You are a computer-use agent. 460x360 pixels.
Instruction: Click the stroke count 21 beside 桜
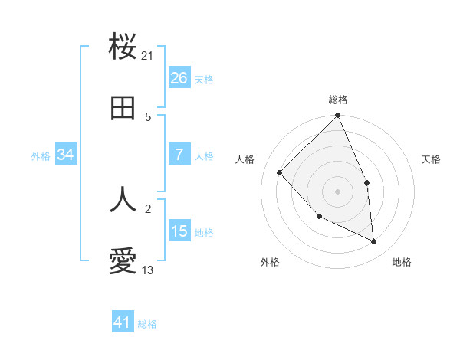point(148,55)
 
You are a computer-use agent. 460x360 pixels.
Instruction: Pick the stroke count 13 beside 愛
point(148,270)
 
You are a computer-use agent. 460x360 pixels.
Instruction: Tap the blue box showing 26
point(179,78)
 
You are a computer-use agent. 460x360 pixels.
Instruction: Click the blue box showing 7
point(179,155)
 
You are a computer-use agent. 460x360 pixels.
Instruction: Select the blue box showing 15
point(179,231)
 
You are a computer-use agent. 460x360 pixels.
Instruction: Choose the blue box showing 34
point(66,155)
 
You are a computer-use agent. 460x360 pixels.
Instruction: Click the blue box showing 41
point(123,322)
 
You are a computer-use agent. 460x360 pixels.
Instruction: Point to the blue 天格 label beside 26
point(204,80)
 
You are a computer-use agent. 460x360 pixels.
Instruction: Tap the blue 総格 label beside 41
point(147,324)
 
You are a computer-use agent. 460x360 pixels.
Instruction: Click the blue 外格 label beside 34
point(41,156)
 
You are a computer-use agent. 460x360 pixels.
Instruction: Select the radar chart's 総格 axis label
point(338,100)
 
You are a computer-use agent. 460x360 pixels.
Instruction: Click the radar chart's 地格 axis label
point(402,263)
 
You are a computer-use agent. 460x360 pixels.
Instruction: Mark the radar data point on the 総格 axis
point(338,116)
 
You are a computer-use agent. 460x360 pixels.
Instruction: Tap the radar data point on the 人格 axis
point(280,172)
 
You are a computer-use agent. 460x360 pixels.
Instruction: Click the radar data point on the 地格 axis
point(374,241)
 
